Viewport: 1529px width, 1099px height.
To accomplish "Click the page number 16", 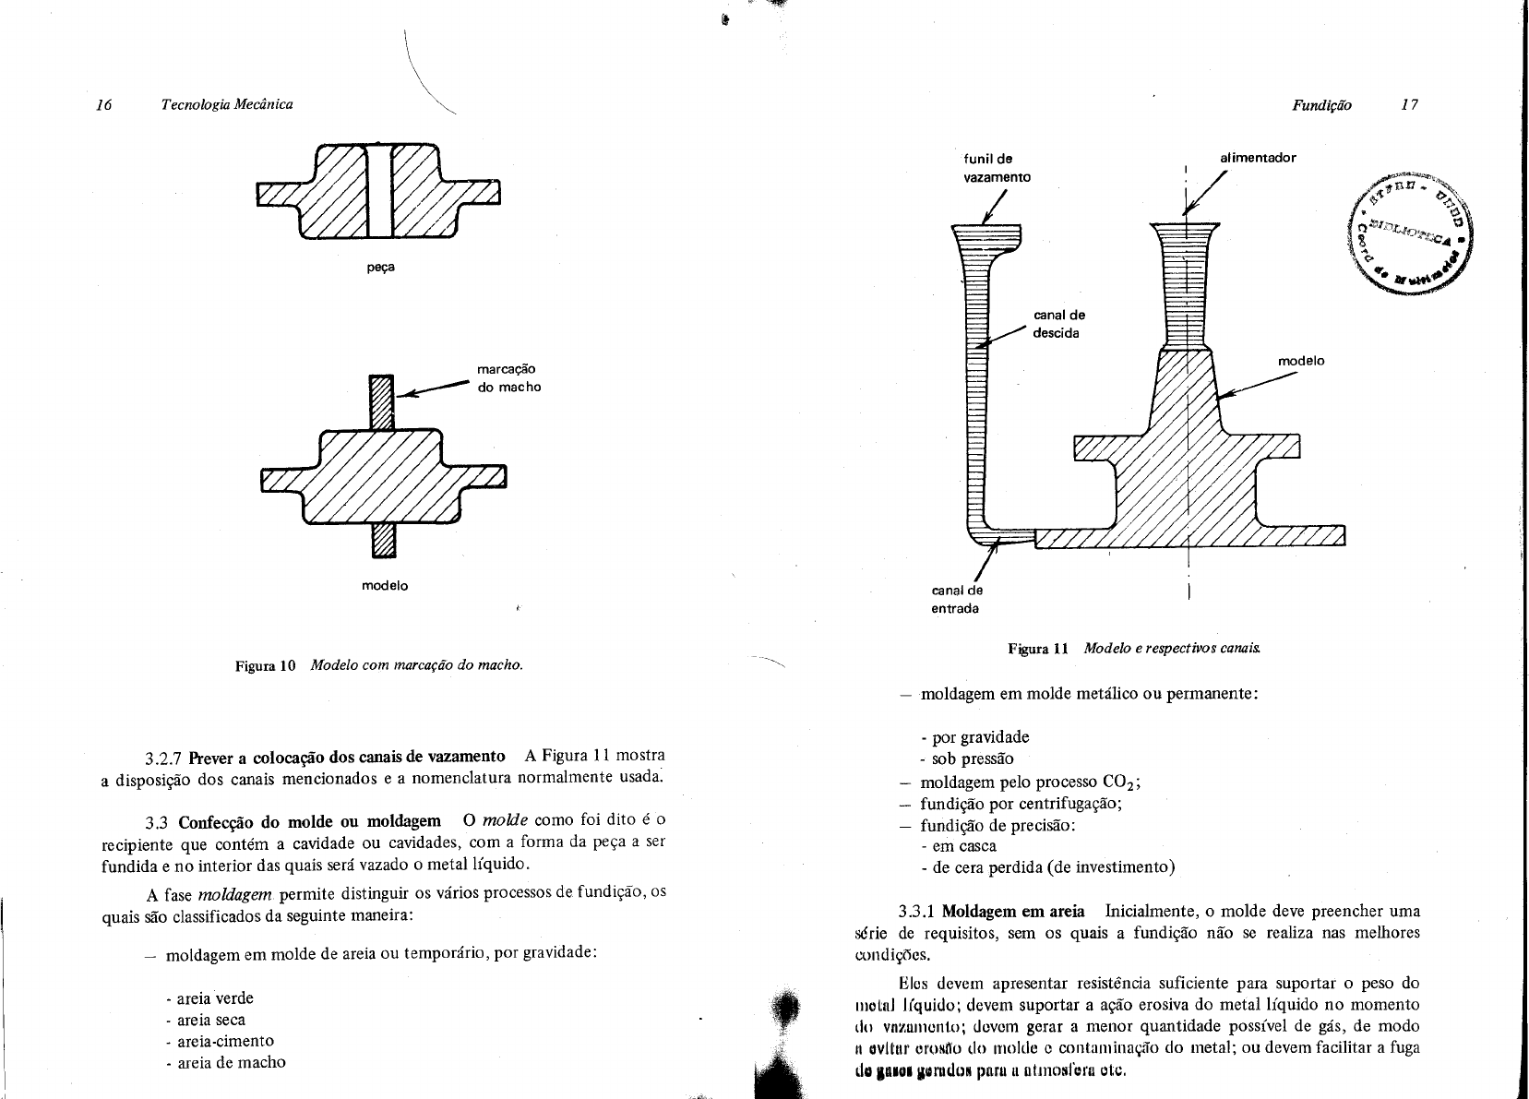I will [103, 105].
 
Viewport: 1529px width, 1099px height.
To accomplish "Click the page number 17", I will [1408, 105].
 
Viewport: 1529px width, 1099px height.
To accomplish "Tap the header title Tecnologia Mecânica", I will [227, 105].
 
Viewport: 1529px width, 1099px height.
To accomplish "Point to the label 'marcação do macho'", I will [508, 377].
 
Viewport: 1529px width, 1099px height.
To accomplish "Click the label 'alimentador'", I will [1258, 158].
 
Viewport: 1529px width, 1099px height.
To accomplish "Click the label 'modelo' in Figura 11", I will [1301, 361].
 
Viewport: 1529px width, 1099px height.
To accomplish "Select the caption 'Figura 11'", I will [1038, 648].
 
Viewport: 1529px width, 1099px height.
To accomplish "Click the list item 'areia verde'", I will [209, 998].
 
